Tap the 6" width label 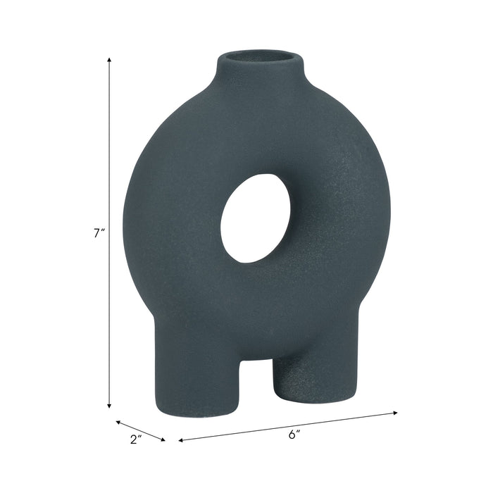[x=294, y=435]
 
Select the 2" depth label [x=136, y=439]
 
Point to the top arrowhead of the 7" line [x=109, y=61]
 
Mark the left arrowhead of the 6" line [x=181, y=441]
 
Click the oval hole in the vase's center [x=255, y=218]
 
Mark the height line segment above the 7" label [x=109, y=141]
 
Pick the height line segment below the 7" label [x=109, y=324]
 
